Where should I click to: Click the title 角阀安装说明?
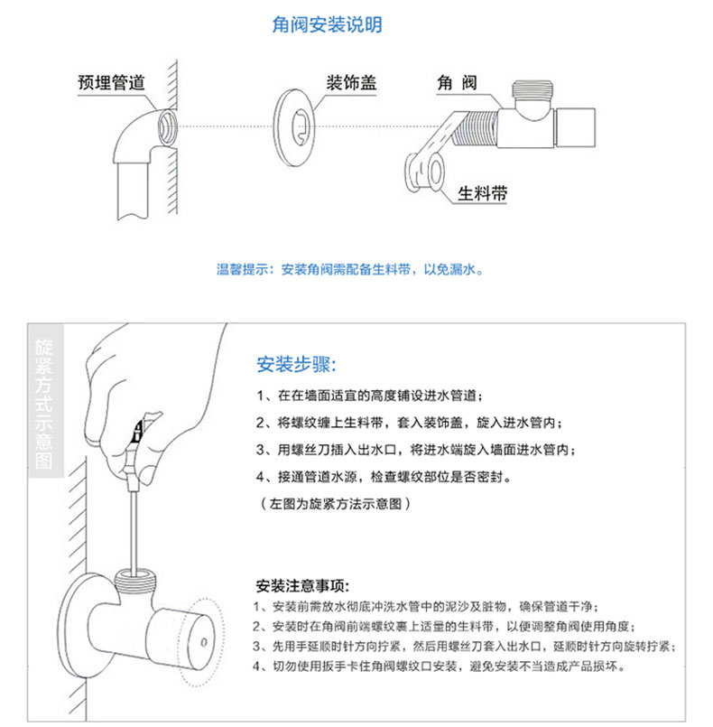click(x=327, y=24)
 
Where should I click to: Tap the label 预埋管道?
click(x=112, y=82)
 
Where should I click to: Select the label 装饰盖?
click(x=352, y=82)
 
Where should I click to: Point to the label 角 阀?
click(x=457, y=82)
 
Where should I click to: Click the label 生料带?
click(x=482, y=193)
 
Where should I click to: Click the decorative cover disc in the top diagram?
click(x=293, y=126)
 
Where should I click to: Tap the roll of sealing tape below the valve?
click(x=425, y=172)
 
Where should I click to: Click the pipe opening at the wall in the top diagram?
click(x=167, y=127)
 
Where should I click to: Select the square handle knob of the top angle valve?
click(x=575, y=127)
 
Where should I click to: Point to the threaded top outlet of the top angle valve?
click(x=532, y=89)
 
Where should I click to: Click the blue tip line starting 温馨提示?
click(x=350, y=269)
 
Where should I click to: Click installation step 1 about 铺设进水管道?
click(x=370, y=396)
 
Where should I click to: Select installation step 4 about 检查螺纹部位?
click(x=384, y=477)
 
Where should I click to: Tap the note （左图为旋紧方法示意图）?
click(x=335, y=504)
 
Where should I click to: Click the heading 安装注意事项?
click(x=302, y=586)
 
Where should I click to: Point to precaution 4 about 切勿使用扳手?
click(x=440, y=666)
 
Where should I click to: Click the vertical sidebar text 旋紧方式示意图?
click(x=44, y=404)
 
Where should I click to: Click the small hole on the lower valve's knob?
click(x=203, y=643)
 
